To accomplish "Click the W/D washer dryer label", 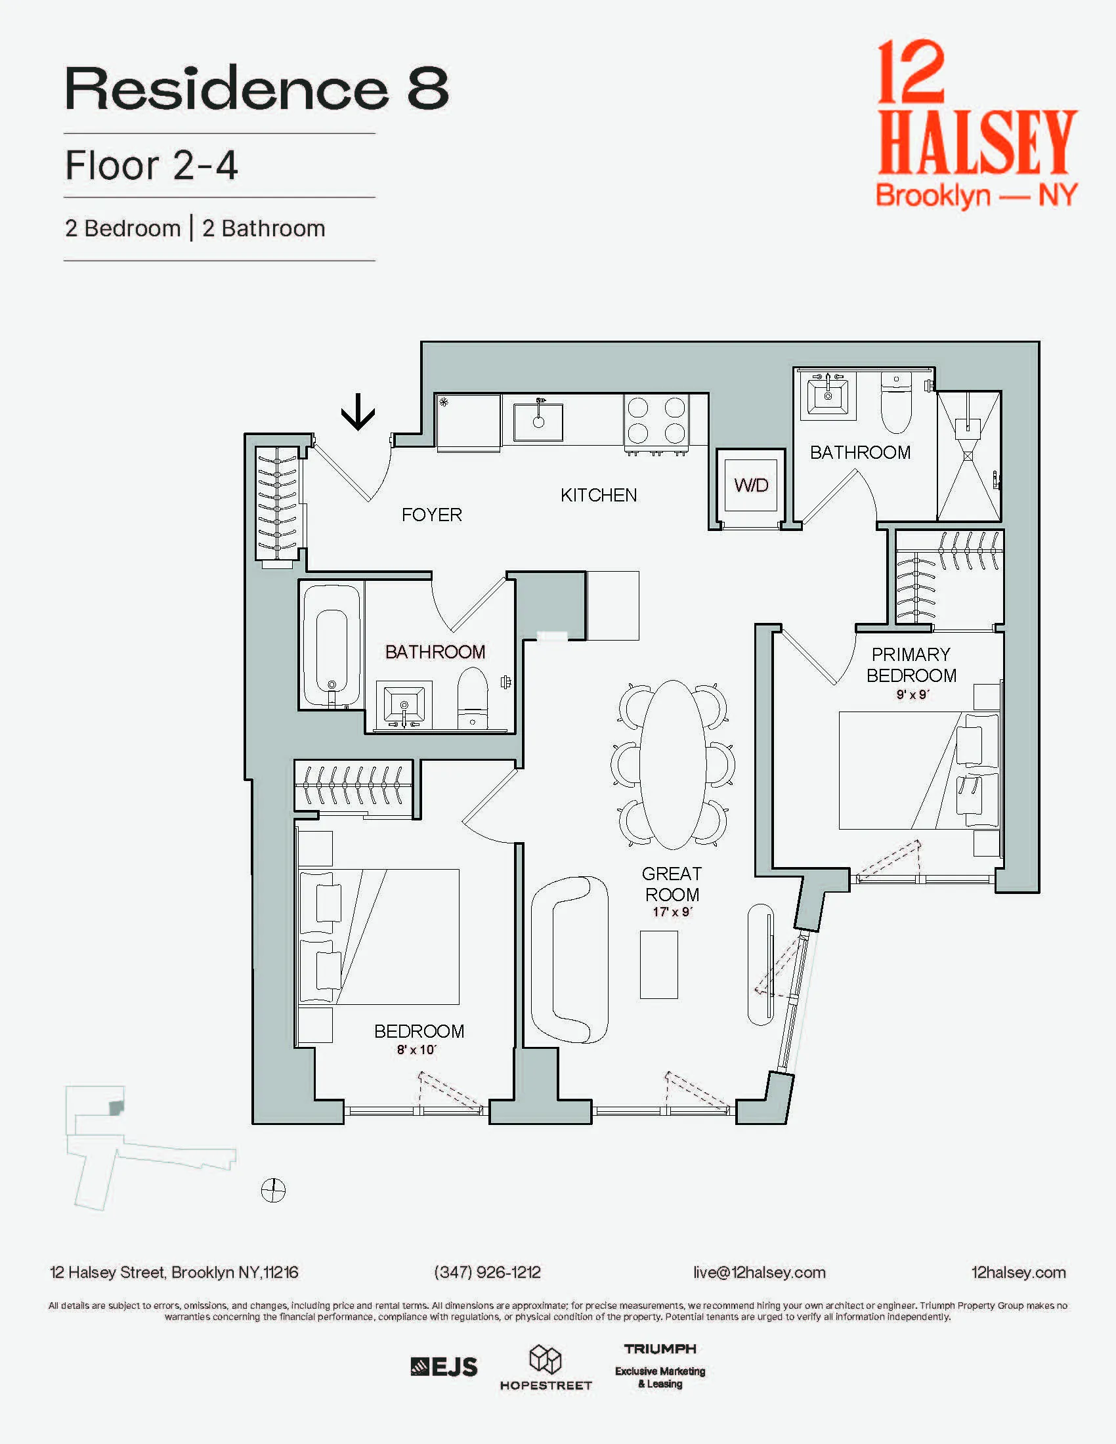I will [751, 485].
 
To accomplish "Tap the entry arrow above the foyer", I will [358, 412].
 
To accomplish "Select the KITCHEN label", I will [598, 495].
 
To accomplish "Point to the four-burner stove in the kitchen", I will [656, 421].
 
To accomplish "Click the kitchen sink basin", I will [538, 422].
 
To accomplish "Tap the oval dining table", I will [672, 764].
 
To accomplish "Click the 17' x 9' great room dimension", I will [672, 912].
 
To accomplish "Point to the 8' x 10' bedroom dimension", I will [416, 1050].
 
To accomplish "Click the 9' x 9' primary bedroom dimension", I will [912, 695].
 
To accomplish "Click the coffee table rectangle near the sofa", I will [658, 965].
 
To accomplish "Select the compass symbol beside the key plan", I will [273, 1191].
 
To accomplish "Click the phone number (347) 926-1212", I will [487, 1272].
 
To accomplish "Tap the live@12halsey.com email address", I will [759, 1272].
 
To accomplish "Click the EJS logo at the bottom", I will [444, 1367].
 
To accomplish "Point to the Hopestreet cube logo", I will [546, 1359].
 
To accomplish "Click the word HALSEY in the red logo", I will [977, 142].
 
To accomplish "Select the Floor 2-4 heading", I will [152, 165].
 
